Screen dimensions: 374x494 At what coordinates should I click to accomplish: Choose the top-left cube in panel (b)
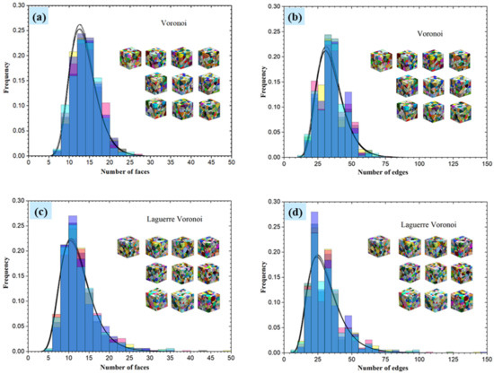pos(382,60)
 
